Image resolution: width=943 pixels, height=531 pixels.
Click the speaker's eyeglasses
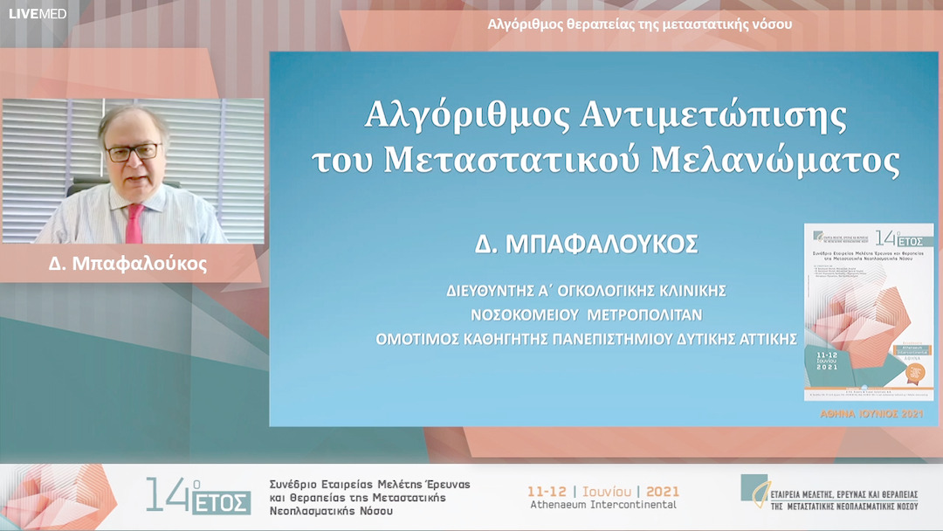coord(134,152)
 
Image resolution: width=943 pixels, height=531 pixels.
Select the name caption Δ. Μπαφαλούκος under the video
coord(128,264)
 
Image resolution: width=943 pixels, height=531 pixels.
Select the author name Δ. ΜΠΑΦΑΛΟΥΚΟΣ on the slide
coord(586,245)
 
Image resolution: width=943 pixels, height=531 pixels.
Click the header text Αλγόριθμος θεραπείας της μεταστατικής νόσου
coord(640,24)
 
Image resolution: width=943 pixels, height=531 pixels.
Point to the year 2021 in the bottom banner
coord(661,490)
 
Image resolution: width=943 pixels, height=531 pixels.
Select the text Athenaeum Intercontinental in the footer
coord(603,505)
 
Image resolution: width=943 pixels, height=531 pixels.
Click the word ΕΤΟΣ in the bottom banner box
coord(224,503)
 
